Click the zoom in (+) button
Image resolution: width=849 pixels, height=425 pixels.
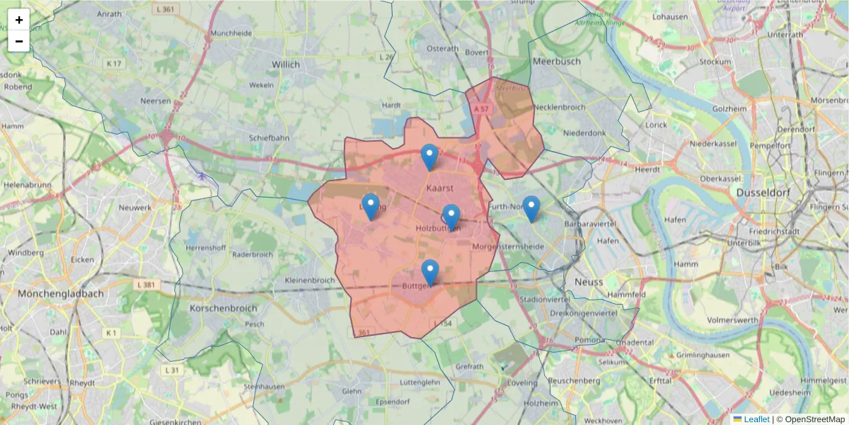click(x=18, y=20)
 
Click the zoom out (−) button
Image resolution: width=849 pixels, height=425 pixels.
click(x=18, y=41)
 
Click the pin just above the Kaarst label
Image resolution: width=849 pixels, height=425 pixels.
click(x=429, y=157)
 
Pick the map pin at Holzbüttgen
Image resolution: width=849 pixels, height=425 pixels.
click(x=451, y=217)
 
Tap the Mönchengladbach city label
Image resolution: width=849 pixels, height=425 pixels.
click(x=61, y=293)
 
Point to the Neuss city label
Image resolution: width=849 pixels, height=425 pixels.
click(x=589, y=281)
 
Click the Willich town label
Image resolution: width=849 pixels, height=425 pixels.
click(x=286, y=64)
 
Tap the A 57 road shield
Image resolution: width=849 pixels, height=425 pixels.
click(x=482, y=108)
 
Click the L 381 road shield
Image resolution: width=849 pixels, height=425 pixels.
click(x=144, y=284)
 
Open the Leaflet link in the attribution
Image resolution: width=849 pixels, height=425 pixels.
click(x=756, y=419)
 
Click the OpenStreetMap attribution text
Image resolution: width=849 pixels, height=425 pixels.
click(x=812, y=419)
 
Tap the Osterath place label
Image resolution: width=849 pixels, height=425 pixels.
click(x=443, y=48)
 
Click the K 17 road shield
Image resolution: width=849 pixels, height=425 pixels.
click(x=114, y=64)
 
